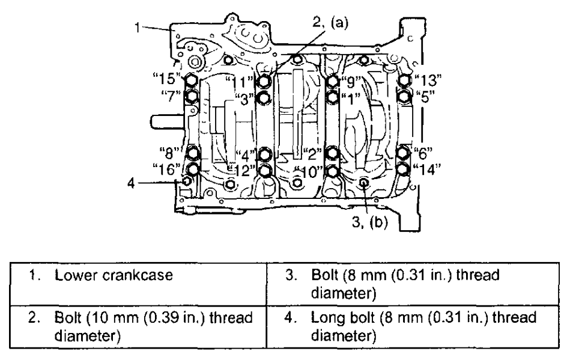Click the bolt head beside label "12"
pos(264,171)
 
